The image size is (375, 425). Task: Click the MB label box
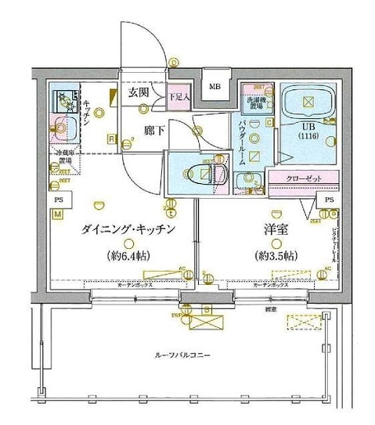click(x=213, y=85)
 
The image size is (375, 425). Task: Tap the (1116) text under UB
click(x=308, y=136)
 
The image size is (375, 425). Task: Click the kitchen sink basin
click(x=61, y=128)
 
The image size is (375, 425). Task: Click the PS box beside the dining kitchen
click(x=59, y=200)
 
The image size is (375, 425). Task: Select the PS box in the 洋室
click(x=328, y=200)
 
